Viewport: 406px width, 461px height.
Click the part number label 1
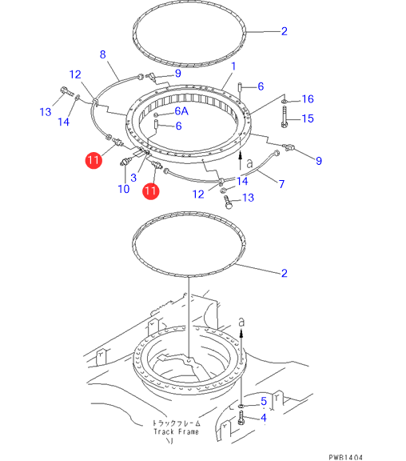(233, 66)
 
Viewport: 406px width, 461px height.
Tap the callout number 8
(103, 54)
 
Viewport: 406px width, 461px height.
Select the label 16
(308, 99)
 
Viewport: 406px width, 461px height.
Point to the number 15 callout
(308, 118)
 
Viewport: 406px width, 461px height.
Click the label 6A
(181, 111)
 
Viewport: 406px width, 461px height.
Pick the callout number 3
(133, 178)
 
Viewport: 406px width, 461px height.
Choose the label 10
(124, 189)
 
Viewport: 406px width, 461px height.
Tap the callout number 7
(281, 184)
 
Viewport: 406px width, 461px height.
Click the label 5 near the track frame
(264, 401)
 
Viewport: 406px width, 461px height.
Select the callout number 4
(264, 418)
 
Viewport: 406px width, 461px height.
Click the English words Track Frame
(176, 431)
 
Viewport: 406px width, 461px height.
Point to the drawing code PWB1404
(345, 457)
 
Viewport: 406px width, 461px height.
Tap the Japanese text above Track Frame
(177, 423)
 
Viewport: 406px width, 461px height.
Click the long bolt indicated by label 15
(285, 117)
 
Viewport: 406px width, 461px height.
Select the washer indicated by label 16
(284, 102)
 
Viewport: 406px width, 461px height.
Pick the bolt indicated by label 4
(241, 419)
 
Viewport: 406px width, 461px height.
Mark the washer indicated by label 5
(241, 406)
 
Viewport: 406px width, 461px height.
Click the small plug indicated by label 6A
(156, 114)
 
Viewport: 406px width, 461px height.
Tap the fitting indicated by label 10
(125, 162)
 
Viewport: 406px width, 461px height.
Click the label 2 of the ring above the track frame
(285, 273)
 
